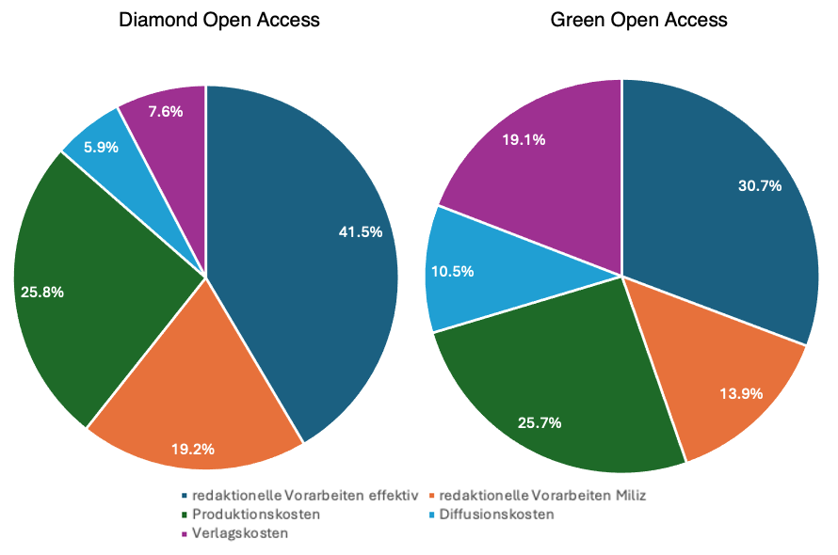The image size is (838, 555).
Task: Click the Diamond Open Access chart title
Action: (218, 20)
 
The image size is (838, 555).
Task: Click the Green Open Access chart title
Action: (639, 20)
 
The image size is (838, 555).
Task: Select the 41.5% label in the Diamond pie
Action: (361, 231)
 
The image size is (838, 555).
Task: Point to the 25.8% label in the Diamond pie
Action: (42, 292)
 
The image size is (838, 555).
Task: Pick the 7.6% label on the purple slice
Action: (166, 111)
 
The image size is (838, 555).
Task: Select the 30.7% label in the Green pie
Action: (760, 185)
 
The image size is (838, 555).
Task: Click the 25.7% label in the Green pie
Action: (540, 422)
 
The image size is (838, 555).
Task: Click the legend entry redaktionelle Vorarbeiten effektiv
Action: (305, 495)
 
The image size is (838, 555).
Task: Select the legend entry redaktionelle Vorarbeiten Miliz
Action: (536, 495)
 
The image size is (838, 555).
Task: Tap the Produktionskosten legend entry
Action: (256, 515)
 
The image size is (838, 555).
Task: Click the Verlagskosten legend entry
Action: (240, 533)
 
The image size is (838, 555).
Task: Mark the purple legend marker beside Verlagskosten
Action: (183, 534)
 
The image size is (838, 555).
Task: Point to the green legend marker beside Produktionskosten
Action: (183, 515)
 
